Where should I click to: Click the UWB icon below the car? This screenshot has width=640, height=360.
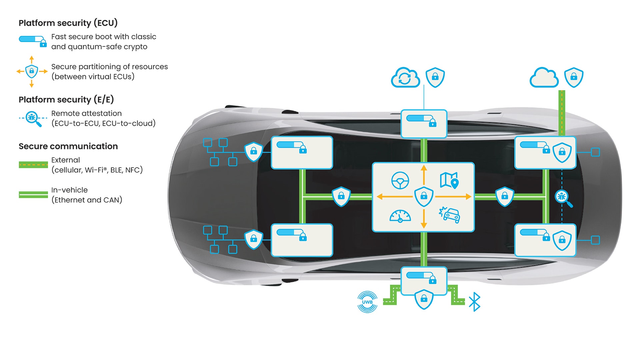point(367,302)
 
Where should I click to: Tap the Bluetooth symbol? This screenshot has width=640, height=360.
point(474,302)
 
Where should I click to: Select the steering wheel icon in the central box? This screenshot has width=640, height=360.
point(400,180)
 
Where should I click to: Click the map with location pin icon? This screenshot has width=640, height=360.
point(449,180)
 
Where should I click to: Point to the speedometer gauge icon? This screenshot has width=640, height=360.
point(400,216)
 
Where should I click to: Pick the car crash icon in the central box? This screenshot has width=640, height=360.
point(449,215)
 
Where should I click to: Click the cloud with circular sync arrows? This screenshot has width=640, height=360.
point(405,78)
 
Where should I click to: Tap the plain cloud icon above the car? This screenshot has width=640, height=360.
point(544,78)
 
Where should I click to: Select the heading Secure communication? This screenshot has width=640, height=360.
point(68,146)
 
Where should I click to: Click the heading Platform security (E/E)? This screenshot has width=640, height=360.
point(66,100)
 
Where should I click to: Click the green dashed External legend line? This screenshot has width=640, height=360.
point(33,165)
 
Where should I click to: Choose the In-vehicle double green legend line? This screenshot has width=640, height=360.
point(33,195)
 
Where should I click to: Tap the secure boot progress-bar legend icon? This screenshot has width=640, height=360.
point(33,41)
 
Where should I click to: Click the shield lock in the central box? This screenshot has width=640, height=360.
point(424,196)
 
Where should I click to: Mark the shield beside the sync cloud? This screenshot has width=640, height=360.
point(435,77)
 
